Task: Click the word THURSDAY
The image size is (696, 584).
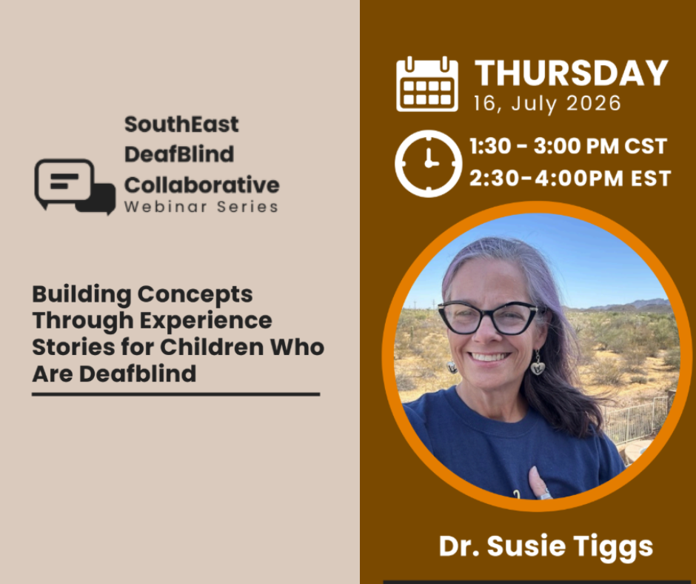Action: tap(572, 73)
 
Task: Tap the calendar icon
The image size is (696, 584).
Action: tap(427, 84)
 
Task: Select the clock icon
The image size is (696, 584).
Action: tap(429, 164)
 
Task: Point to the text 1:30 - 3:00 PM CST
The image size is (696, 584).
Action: tap(568, 146)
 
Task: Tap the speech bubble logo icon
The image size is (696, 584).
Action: tap(75, 187)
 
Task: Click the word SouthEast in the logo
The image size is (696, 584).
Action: tap(181, 124)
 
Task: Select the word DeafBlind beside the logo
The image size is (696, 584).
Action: tap(179, 154)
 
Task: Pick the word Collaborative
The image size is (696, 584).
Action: tap(202, 185)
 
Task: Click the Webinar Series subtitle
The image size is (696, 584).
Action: tap(201, 207)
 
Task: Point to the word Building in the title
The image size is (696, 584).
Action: tap(81, 295)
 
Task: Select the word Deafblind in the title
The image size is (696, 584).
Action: tap(138, 374)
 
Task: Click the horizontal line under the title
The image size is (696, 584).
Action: tap(175, 394)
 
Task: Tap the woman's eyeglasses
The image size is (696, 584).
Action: tap(488, 318)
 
